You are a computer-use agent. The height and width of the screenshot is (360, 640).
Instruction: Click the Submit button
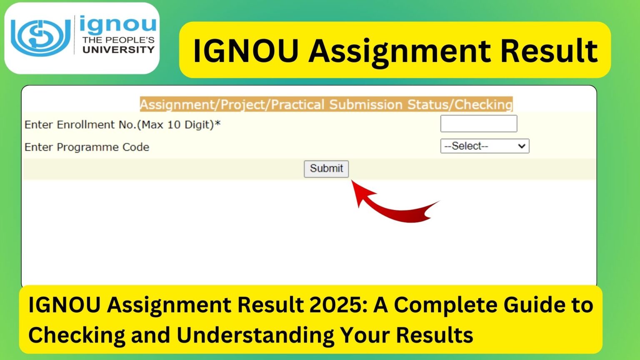[x=326, y=169]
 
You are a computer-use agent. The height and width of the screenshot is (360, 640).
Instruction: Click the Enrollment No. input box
[x=478, y=124]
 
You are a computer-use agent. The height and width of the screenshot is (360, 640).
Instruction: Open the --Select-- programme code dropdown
[x=484, y=146]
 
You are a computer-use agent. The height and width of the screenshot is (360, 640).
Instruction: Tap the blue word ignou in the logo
[x=117, y=25]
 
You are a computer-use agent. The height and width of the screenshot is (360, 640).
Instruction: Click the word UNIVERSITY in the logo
[x=118, y=50]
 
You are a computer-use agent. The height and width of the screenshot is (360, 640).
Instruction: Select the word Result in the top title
[x=549, y=51]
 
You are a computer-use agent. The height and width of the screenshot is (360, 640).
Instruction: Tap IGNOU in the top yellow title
[x=246, y=51]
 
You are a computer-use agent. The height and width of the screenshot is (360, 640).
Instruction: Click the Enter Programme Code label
[x=87, y=147]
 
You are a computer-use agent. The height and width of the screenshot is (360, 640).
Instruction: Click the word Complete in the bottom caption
[x=445, y=305]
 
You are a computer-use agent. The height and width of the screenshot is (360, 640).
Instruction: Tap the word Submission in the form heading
[x=365, y=105]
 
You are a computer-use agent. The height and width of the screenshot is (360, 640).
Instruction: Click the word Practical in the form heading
[x=297, y=105]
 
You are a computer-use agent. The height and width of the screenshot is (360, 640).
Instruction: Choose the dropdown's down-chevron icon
[x=521, y=146]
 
